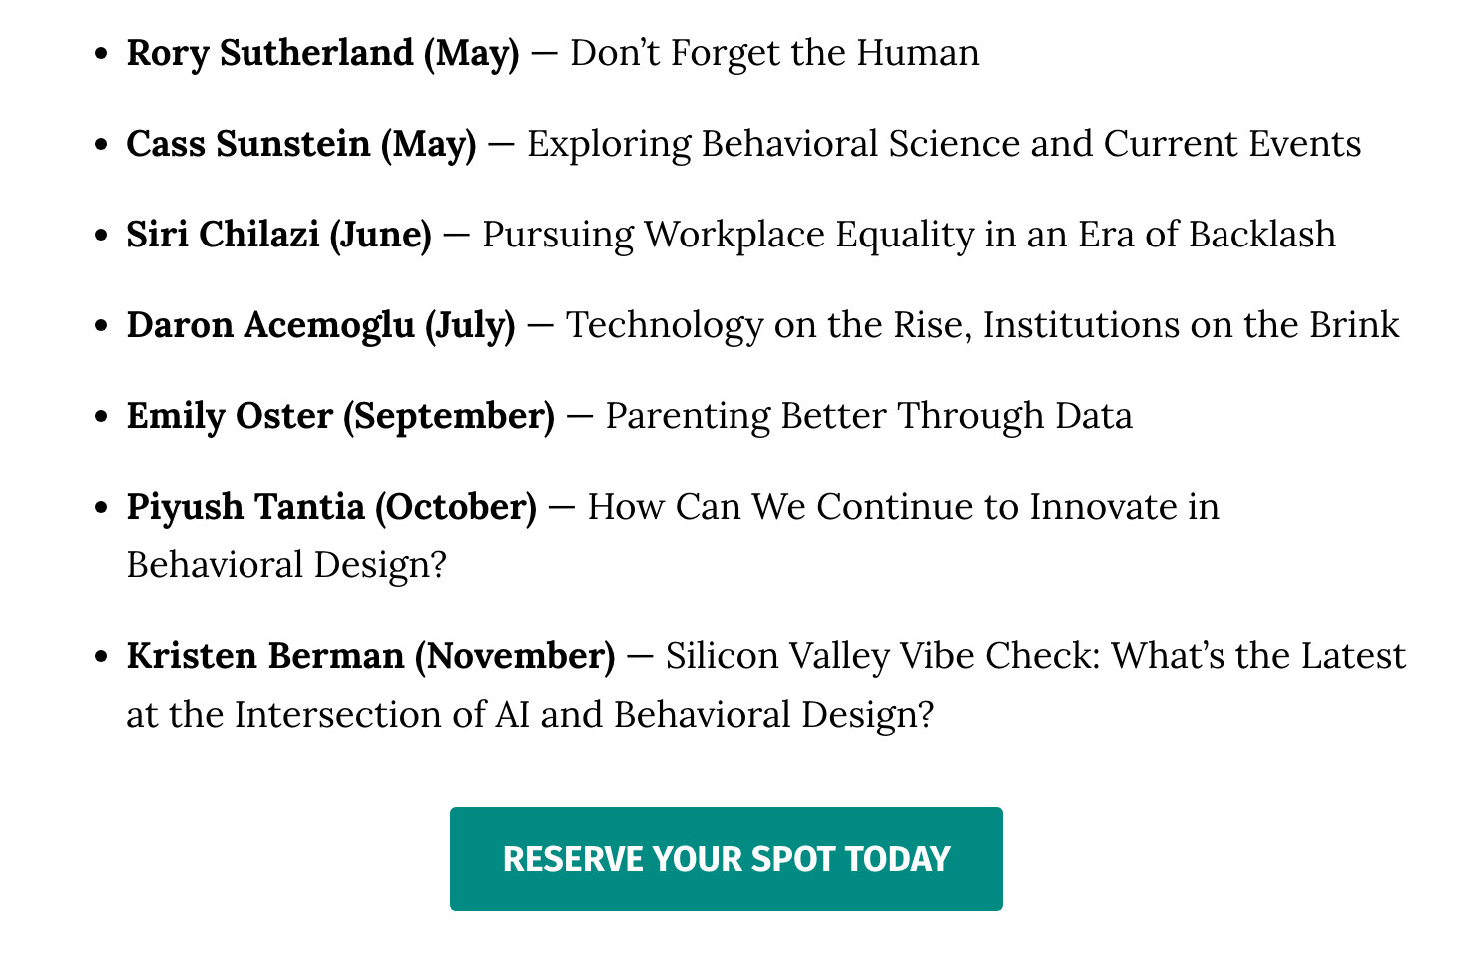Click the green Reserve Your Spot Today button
pos(726,858)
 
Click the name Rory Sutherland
pos(270,53)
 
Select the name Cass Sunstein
pos(248,144)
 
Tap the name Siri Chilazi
pos(223,235)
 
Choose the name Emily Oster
pos(231,416)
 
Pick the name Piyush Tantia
pos(245,507)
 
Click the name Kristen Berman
pos(265,656)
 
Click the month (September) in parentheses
pos(449,417)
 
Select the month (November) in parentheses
pos(515,656)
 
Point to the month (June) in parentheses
pos(380,236)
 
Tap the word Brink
pos(1354,324)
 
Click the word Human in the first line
pos(918,53)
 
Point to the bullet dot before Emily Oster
pos(101,416)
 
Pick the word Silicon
pos(722,656)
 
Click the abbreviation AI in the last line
pos(512,714)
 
